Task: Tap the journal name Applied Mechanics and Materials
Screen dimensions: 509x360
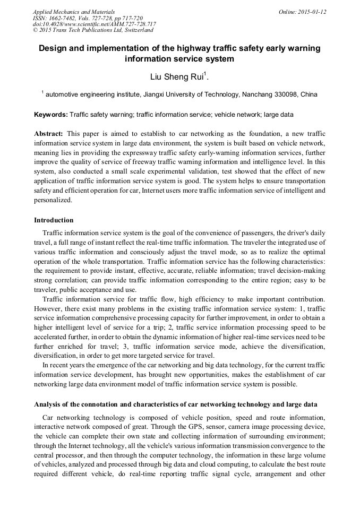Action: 73,12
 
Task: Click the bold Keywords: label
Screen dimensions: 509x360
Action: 50,114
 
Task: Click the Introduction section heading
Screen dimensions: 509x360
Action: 54,220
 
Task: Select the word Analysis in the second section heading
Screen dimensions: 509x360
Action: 48,404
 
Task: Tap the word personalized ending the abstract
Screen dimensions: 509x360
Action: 53,201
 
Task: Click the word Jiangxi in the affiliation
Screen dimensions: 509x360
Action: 143,94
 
